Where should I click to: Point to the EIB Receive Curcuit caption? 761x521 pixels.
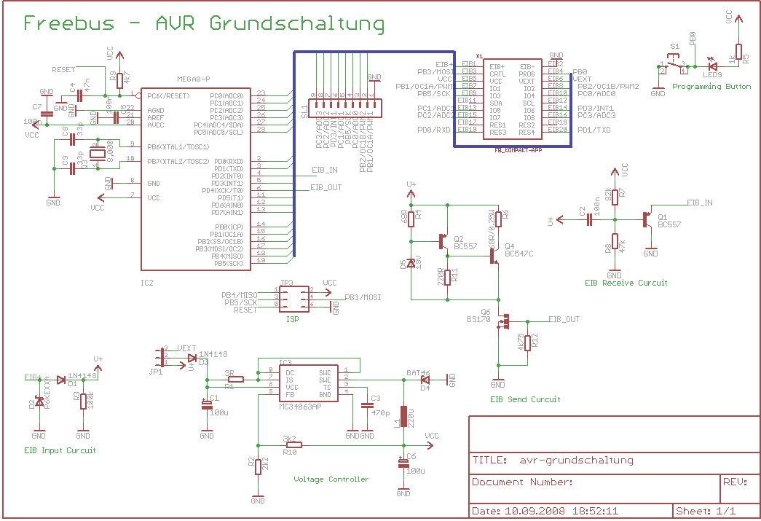626,282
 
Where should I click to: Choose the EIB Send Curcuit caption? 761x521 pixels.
525,399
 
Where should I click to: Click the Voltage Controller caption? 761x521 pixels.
331,479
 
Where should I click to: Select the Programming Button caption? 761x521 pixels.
711,87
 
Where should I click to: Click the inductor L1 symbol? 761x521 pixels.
403,419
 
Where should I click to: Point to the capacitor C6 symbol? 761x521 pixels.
403,462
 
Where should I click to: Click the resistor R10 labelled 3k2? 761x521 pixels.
293,444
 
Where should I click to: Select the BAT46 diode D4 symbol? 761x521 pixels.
425,379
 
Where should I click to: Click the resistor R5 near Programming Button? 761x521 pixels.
738,52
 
